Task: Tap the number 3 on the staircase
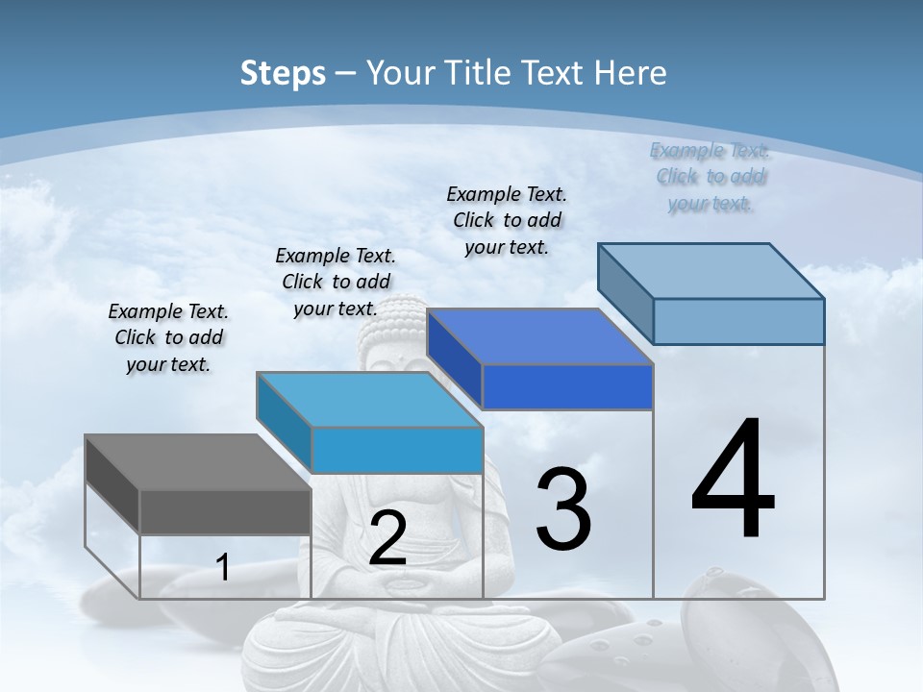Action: pos(563,509)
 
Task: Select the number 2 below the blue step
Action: pos(387,538)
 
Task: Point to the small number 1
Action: pos(223,568)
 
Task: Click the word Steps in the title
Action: pos(283,73)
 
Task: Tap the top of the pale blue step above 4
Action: pos(711,271)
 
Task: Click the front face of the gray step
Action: pos(226,511)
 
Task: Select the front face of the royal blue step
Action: pos(567,387)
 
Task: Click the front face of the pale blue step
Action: pos(738,321)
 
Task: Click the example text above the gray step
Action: pos(169,338)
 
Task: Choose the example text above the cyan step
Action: pos(336,283)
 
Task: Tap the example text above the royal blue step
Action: pos(507,220)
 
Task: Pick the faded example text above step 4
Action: pos(711,177)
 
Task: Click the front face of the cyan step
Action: pos(397,450)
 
